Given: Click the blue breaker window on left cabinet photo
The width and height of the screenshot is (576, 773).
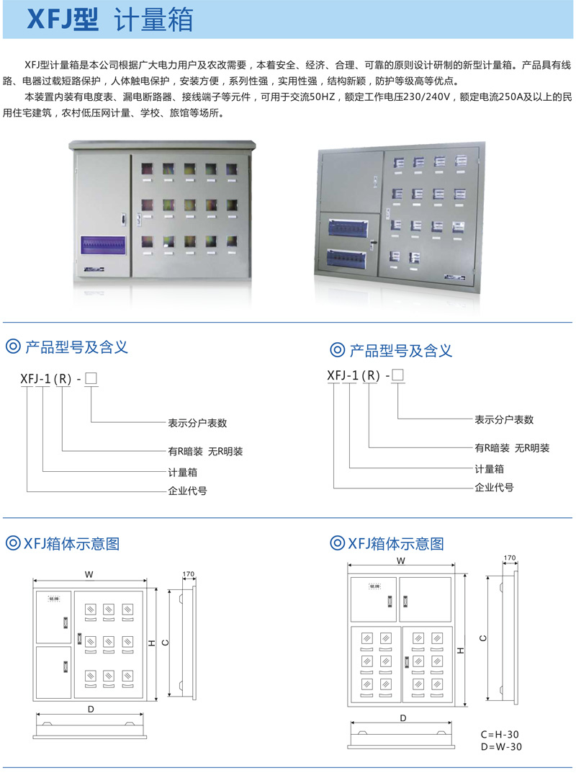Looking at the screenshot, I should click(104, 245).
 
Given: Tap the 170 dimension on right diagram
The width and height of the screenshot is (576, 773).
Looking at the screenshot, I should click(510, 558).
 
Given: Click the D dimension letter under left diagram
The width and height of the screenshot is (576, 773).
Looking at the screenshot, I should click(91, 709).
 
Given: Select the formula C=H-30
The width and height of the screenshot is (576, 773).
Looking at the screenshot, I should click(501, 734).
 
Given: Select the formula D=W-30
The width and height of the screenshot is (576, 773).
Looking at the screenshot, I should click(501, 746).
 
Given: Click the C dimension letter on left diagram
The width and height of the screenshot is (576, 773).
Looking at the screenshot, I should click(165, 641).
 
